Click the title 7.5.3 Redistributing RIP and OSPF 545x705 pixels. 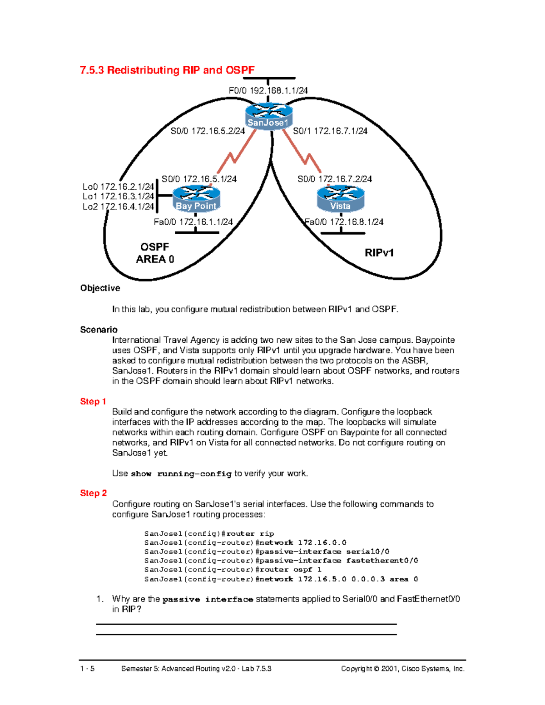tap(167, 70)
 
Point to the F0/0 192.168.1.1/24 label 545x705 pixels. tap(268, 90)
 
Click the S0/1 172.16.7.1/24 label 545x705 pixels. tap(330, 131)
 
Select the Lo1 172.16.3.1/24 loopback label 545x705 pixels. tap(118, 197)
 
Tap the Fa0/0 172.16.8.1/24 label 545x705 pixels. tap(344, 222)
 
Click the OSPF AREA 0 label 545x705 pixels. tap(155, 253)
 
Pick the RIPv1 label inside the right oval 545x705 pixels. tap(379, 253)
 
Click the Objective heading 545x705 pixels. tap(100, 288)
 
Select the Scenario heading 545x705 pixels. tap(99, 330)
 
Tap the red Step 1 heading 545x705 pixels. tap(93, 401)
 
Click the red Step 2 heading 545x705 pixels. tap(93, 493)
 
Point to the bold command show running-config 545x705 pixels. tap(181, 473)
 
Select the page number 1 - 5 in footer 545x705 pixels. tap(87, 668)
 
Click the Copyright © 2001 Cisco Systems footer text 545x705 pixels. tap(402, 668)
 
